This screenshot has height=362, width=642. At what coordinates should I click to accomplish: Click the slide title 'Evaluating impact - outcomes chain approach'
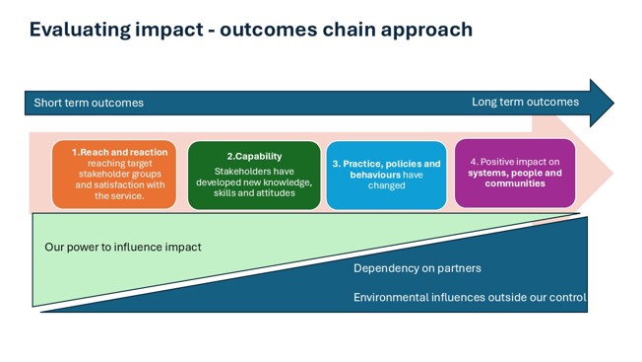point(251,30)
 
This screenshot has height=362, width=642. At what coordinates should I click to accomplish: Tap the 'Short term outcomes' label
point(89,103)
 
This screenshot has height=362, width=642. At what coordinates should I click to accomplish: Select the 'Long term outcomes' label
point(525,102)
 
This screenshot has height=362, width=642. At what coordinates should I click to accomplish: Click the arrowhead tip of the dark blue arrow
point(610,103)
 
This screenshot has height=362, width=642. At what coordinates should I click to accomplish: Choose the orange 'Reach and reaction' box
point(114,175)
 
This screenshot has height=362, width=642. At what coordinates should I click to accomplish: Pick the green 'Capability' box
point(254,175)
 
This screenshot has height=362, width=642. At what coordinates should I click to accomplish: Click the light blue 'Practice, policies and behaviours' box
point(386,175)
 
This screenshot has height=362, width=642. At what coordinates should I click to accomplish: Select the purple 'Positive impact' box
point(515,174)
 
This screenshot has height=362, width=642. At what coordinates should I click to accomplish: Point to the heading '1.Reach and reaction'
point(119,152)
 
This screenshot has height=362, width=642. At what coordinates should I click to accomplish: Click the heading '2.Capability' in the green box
point(254,156)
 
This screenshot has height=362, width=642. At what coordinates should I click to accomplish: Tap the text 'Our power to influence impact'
point(123,247)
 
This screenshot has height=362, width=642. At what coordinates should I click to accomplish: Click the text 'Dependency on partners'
point(417,268)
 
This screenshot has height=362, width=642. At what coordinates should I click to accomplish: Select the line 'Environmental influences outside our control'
point(470,297)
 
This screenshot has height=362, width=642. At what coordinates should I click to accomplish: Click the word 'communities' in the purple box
point(515,183)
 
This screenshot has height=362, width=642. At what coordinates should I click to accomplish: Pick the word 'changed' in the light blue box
point(386,185)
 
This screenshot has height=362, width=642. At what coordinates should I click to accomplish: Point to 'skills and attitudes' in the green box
point(254,192)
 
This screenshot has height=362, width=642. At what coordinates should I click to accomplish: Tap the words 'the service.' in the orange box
point(119,195)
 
